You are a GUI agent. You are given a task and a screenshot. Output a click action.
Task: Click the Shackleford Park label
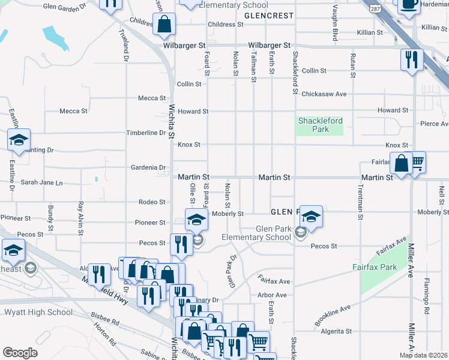click(x=321, y=125)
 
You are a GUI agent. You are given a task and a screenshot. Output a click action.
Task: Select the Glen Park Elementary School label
click(x=265, y=233)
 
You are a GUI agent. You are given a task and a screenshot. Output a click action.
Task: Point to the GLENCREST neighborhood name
click(x=270, y=15)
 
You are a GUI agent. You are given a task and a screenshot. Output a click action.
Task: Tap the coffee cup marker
click(x=410, y=5)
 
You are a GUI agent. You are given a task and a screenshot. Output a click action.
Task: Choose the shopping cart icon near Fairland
click(x=416, y=161)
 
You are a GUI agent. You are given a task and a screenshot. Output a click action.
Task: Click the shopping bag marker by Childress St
click(x=164, y=23)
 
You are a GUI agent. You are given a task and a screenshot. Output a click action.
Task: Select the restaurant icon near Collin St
click(x=412, y=59)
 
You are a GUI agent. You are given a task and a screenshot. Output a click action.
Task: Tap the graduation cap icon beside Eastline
click(x=19, y=140)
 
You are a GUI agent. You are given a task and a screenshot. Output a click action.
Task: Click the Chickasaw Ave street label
click(x=324, y=94)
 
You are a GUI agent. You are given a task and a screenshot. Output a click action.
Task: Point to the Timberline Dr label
click(x=145, y=133)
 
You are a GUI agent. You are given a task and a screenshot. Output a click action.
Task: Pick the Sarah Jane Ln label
click(x=41, y=182)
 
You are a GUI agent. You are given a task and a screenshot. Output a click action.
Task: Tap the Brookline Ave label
click(x=333, y=316)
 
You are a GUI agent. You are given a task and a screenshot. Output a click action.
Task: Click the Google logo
click(x=20, y=352)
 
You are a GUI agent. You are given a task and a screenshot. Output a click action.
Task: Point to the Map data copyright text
click(x=423, y=355)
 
